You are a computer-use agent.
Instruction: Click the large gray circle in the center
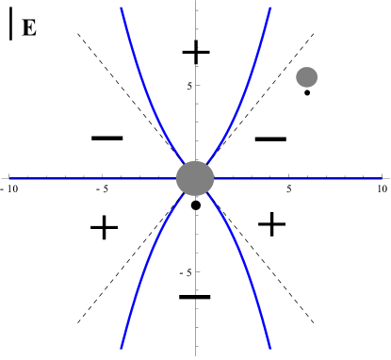195,178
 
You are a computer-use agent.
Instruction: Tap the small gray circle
306,77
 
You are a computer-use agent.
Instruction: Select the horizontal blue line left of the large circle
94,178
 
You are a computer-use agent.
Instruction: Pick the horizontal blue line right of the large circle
297,178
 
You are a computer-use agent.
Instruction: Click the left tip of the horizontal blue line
10,178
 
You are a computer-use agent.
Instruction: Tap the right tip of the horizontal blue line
381,178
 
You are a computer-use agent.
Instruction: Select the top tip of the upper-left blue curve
122,8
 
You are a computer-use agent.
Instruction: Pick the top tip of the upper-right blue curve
270,8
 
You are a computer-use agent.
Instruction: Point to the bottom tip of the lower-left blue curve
122,348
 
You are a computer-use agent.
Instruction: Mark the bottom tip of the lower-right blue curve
270,348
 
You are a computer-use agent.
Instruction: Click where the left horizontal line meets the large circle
176,178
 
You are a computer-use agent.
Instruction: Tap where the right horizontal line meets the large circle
214,178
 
